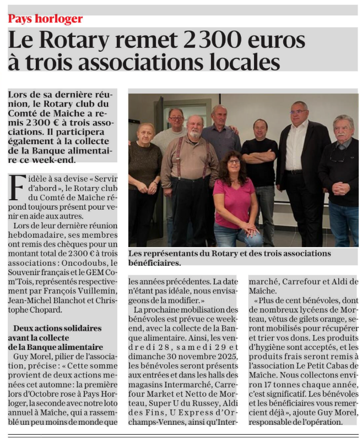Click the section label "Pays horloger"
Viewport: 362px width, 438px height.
45,19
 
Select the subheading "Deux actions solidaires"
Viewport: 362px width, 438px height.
57,328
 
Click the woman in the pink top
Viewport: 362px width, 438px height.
235,199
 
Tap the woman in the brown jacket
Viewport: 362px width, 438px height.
145,165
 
